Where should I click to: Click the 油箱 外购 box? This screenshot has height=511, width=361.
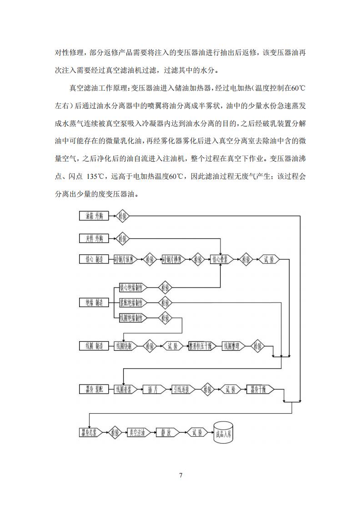click(x=95, y=216)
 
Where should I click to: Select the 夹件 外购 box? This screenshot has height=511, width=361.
click(x=95, y=238)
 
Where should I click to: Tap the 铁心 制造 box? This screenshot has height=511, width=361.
click(x=95, y=260)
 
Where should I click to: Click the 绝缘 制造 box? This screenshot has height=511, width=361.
click(x=95, y=303)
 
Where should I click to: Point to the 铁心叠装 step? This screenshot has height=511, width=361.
click(x=221, y=260)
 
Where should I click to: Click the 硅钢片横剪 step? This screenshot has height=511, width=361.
click(x=173, y=260)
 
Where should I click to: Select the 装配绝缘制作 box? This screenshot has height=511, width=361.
click(x=133, y=303)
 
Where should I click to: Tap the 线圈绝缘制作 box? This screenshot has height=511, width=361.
click(x=133, y=318)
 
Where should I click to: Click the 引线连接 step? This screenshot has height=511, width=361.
click(x=183, y=390)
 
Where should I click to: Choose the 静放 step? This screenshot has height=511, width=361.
click(x=166, y=432)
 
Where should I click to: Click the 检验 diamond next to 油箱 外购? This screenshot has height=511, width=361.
click(x=123, y=216)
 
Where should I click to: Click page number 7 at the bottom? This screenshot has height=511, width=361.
click(x=180, y=476)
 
